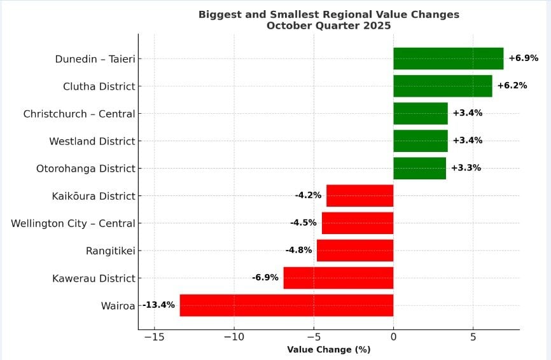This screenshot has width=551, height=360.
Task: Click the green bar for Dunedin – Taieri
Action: point(448,59)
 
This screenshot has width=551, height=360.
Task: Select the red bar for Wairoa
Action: point(286,305)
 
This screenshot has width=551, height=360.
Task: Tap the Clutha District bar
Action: point(442,86)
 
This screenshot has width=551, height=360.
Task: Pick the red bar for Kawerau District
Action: point(338,278)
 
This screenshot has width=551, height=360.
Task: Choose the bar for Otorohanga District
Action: point(419,168)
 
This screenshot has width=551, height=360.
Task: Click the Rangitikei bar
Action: point(354,251)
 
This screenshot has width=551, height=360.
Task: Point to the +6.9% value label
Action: point(523,59)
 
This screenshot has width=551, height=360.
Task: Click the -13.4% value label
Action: point(158,305)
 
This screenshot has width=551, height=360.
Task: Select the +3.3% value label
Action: point(466,168)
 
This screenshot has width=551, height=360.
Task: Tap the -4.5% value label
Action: point(303,223)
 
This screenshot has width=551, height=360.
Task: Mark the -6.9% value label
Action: point(265,278)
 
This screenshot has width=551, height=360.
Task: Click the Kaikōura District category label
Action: point(94,196)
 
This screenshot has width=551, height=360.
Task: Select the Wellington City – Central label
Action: point(73,223)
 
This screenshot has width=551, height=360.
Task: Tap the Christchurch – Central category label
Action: point(79,114)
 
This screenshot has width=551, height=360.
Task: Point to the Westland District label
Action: point(92,141)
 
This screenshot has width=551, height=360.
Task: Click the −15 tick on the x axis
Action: point(153,337)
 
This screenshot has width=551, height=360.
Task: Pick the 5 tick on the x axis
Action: point(473,337)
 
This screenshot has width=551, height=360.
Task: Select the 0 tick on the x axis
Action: point(393,337)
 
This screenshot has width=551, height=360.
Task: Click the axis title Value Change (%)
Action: point(328,349)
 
